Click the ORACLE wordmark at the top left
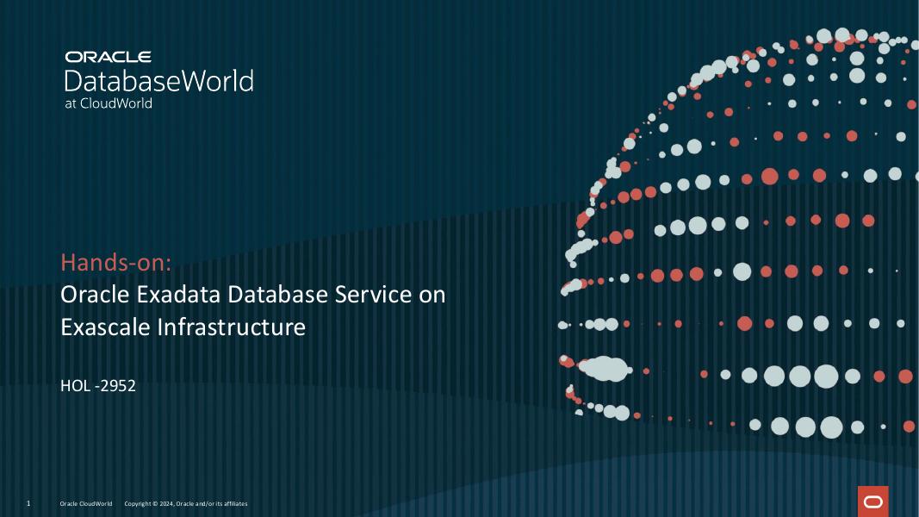tap(108, 57)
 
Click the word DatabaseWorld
tap(158, 81)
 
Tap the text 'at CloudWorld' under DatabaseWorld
tap(109, 103)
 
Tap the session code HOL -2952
tap(98, 385)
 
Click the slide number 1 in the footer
tap(28, 503)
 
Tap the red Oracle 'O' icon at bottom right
tap(872, 501)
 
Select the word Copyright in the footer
tap(138, 503)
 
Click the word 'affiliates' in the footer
tap(233, 503)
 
